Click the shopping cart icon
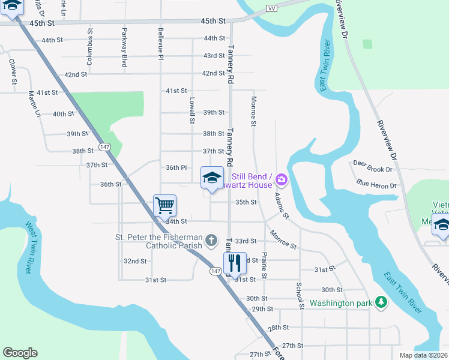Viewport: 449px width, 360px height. (164, 205)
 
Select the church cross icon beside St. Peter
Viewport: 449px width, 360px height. (211, 241)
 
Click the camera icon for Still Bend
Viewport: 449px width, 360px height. (282, 179)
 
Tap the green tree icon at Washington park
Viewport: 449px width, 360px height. (380, 303)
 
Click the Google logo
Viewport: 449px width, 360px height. (20, 353)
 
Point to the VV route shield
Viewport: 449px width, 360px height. (271, 8)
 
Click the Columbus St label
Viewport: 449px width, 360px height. (91, 38)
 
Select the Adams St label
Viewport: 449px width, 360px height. (282, 205)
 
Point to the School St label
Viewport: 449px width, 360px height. (298, 292)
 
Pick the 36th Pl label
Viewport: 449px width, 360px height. (177, 167)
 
